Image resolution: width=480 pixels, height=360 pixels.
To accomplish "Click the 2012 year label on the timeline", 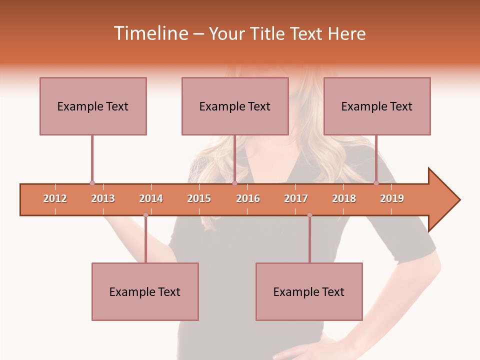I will tap(55, 198).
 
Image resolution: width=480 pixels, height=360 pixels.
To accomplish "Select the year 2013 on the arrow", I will tap(103, 198).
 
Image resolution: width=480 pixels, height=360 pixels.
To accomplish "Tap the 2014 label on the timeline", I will tap(151, 198).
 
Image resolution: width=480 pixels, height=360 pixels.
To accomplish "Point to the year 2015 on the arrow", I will tap(199, 198).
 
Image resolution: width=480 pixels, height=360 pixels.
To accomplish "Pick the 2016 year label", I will tap(248, 198).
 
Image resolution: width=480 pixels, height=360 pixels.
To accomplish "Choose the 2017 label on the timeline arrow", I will tap(296, 198).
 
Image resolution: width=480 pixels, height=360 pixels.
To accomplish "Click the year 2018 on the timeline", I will tap(344, 198).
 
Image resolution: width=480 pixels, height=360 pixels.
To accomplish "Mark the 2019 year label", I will tap(392, 198).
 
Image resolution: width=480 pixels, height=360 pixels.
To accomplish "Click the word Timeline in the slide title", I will tap(150, 33).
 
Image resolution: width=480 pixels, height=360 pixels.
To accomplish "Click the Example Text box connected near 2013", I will tap(93, 106).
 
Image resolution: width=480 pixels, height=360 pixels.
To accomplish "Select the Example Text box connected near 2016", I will tap(235, 106).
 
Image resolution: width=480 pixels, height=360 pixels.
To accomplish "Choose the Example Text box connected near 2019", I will tap(377, 106).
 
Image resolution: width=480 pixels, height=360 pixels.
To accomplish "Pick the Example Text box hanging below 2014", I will tap(145, 291).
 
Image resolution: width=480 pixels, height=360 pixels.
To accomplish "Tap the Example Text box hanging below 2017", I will tap(309, 291).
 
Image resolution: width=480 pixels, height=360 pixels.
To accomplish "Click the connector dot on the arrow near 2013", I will tap(92, 183).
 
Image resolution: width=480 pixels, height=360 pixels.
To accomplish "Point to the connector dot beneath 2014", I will tap(145, 215).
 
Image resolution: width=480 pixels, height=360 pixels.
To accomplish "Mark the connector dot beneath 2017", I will tap(309, 215).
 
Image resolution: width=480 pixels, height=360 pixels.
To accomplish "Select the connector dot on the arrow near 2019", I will tap(376, 183).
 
